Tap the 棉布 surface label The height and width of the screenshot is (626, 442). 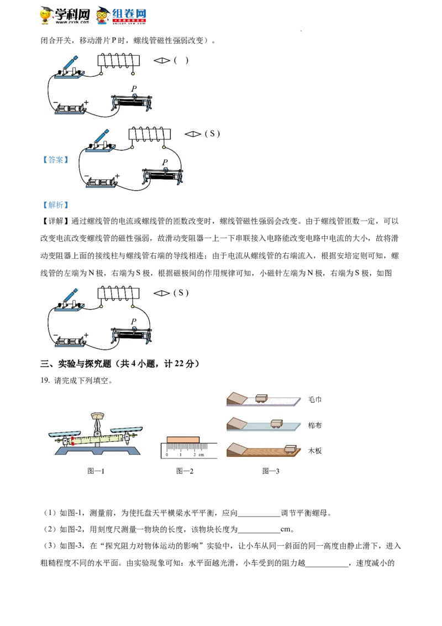click(314, 425)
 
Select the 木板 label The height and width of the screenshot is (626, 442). click(314, 451)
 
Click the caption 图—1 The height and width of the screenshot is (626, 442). click(96, 471)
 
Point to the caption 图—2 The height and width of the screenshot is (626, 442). click(185, 471)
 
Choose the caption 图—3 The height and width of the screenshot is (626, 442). click(271, 471)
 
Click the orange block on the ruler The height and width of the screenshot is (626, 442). click(183, 439)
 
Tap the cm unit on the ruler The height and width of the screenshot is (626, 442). click(202, 455)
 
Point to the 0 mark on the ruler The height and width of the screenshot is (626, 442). click(167, 455)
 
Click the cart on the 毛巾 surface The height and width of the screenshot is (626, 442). click(261, 398)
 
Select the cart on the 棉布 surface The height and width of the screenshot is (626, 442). click(276, 424)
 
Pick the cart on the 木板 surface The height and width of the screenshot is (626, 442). click(291, 448)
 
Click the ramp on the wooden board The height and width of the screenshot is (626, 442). click(239, 448)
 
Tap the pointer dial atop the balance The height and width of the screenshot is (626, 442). click(97, 416)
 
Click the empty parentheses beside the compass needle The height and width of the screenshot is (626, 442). click(181, 60)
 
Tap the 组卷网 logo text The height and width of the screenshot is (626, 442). click(130, 14)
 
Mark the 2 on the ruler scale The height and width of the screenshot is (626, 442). click(194, 455)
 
